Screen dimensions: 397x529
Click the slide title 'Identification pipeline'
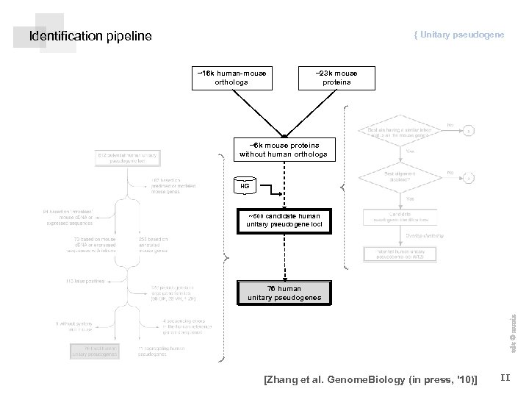point(90,36)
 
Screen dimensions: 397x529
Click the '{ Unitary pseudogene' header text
point(458,35)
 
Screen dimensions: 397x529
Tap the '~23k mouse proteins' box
point(336,77)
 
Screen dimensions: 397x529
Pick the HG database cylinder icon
point(245,186)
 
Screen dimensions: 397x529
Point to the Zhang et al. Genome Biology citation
point(370,379)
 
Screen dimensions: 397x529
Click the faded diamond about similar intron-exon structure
point(396,132)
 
